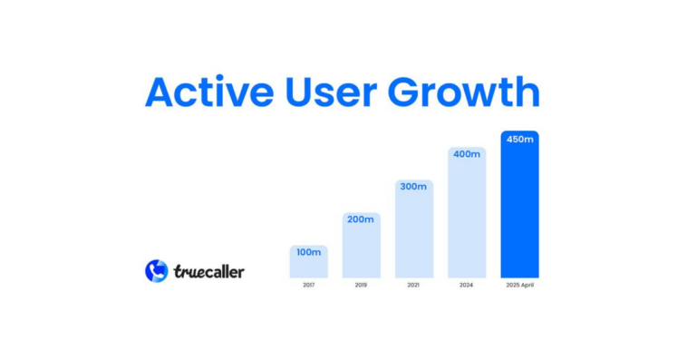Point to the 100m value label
308,251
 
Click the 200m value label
361,219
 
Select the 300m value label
414,187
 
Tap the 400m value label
467,154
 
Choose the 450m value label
519,139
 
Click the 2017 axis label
308,286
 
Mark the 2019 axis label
361,286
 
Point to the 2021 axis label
414,286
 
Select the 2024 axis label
467,286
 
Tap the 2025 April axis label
519,286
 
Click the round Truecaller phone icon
157,270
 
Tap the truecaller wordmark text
208,271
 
